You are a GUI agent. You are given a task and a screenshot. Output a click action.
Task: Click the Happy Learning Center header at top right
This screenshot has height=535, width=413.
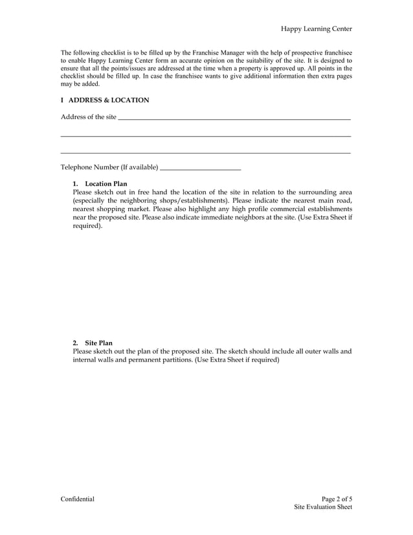point(316,29)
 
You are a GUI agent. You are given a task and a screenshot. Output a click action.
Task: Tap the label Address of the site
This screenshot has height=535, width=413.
point(89,117)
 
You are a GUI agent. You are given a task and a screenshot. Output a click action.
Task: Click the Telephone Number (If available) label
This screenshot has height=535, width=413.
point(109,168)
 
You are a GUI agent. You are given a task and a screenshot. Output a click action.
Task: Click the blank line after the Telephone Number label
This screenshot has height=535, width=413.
point(200,169)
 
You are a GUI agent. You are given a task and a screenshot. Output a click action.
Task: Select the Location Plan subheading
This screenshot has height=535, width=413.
point(106,184)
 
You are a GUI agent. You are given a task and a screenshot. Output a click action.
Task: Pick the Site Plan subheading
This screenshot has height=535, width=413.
point(99,343)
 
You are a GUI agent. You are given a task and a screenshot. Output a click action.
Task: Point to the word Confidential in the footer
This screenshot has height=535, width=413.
point(78,499)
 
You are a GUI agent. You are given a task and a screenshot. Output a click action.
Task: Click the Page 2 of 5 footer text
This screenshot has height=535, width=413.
point(337,499)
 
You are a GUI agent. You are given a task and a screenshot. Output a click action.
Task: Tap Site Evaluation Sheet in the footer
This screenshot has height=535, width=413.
point(322,508)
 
